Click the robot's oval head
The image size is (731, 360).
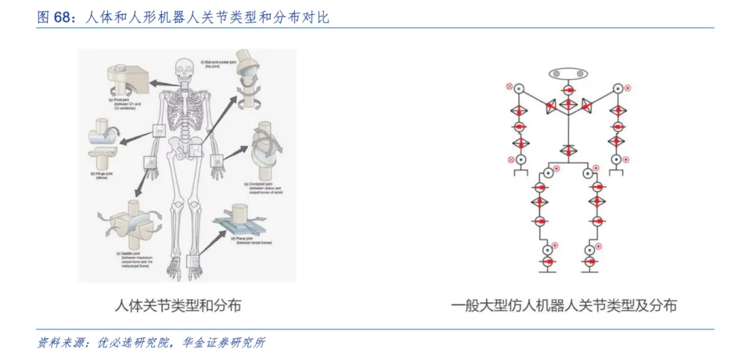[x=567, y=73]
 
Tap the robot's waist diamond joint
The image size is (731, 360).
[x=567, y=150]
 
